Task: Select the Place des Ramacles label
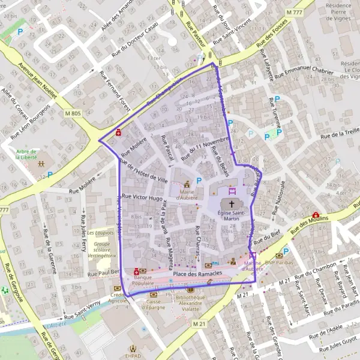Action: pyautogui.click(x=197, y=274)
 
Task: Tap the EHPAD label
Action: pyautogui.click(x=135, y=355)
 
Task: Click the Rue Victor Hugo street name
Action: pyautogui.click(x=143, y=197)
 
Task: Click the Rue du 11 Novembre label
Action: pyautogui.click(x=205, y=148)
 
